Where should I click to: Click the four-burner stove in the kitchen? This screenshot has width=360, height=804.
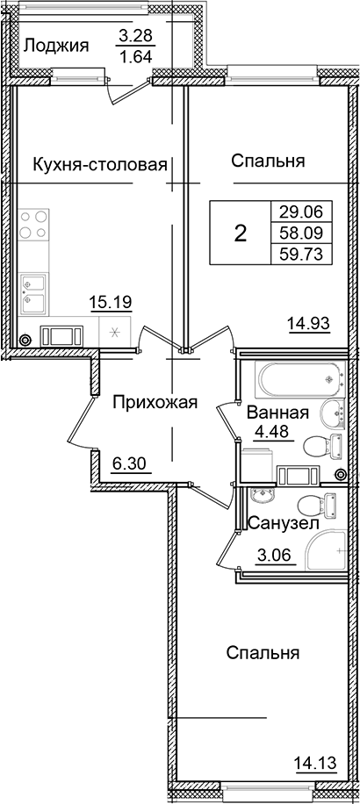[x=35, y=224]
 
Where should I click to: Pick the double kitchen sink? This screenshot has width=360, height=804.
[x=35, y=294]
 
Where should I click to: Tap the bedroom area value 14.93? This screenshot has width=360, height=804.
[x=308, y=324]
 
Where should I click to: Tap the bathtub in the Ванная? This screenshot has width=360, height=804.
[x=290, y=378]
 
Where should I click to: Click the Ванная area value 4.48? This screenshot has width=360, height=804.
[x=271, y=431]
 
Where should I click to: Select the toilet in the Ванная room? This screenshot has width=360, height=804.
[x=320, y=446]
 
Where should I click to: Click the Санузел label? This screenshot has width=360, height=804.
[x=277, y=524]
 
